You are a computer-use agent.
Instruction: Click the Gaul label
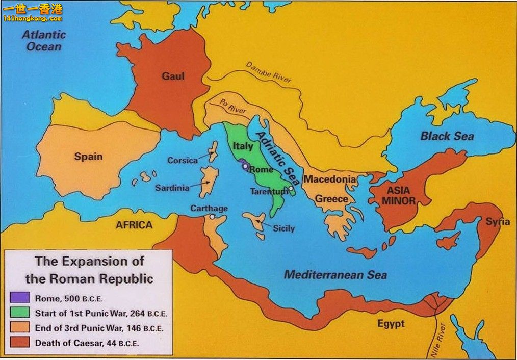tap(173, 76)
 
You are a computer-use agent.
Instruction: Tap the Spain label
tap(88, 157)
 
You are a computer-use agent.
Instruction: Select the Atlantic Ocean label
tap(44, 41)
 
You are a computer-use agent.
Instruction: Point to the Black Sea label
tap(447, 136)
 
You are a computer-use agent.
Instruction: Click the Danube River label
tap(269, 72)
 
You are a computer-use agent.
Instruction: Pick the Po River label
tap(232, 106)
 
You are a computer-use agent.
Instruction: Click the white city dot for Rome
tap(245, 166)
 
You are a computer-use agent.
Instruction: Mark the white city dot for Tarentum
tap(290, 189)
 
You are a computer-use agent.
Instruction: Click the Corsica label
tap(183, 160)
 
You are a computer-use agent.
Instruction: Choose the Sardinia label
tap(172, 188)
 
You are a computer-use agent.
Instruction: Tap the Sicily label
tap(283, 228)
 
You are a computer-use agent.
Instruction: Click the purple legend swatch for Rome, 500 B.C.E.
tap(17, 298)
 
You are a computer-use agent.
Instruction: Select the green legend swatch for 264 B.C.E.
tap(17, 313)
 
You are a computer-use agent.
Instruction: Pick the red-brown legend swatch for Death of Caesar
tap(17, 343)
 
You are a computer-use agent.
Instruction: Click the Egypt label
tap(391, 323)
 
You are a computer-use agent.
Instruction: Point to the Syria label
tap(497, 222)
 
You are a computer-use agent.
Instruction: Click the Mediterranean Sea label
tap(335, 275)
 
